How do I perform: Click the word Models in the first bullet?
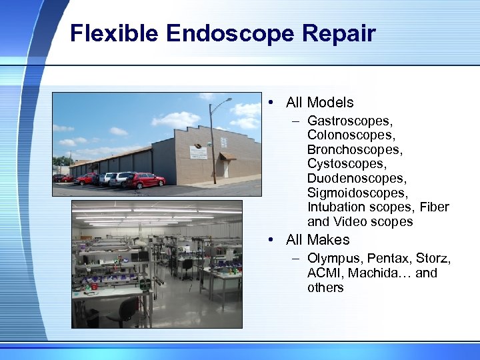point(330,103)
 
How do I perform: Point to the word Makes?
point(328,240)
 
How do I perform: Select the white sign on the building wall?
point(197,153)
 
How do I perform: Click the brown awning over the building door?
point(228,157)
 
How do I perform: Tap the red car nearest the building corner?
point(148,180)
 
